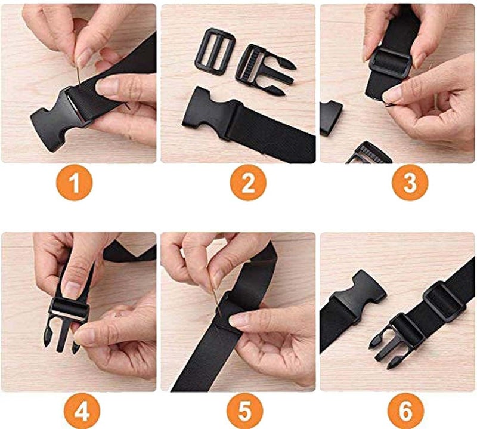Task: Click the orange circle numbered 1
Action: (75, 182)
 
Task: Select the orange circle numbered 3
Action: (410, 182)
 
